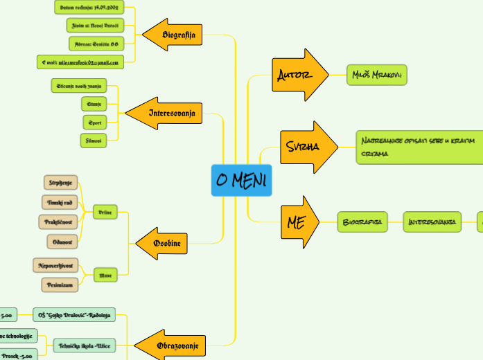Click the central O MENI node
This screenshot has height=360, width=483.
point(242,181)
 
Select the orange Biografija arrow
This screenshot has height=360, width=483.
point(175,35)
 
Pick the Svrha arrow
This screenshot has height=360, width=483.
point(305,147)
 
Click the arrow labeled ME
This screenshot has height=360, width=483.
point(297,222)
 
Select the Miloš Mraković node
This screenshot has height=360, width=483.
point(377,75)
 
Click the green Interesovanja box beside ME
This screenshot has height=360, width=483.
point(432,222)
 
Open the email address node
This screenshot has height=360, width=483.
point(80,62)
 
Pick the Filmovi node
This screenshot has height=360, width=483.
point(93,141)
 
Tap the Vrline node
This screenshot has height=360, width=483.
point(105,212)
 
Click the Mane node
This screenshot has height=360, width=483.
point(105,275)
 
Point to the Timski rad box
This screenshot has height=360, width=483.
point(60,202)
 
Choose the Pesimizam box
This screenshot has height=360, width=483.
point(60,284)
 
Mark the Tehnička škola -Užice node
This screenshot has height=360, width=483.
point(85,344)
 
